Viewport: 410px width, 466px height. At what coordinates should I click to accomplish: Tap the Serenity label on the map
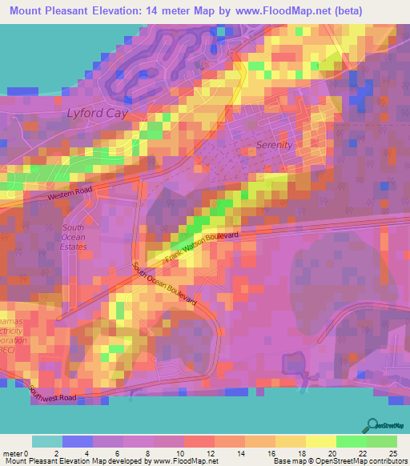(x=274, y=145)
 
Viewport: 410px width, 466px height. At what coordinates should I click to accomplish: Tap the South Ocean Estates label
(x=74, y=237)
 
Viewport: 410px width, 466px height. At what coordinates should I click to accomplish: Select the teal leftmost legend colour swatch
(x=46, y=441)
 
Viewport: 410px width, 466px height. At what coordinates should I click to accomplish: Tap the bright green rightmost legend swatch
(x=381, y=441)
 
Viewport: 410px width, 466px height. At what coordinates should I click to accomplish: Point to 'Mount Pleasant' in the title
(x=49, y=11)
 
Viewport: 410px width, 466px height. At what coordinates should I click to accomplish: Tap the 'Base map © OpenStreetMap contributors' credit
(x=339, y=461)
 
